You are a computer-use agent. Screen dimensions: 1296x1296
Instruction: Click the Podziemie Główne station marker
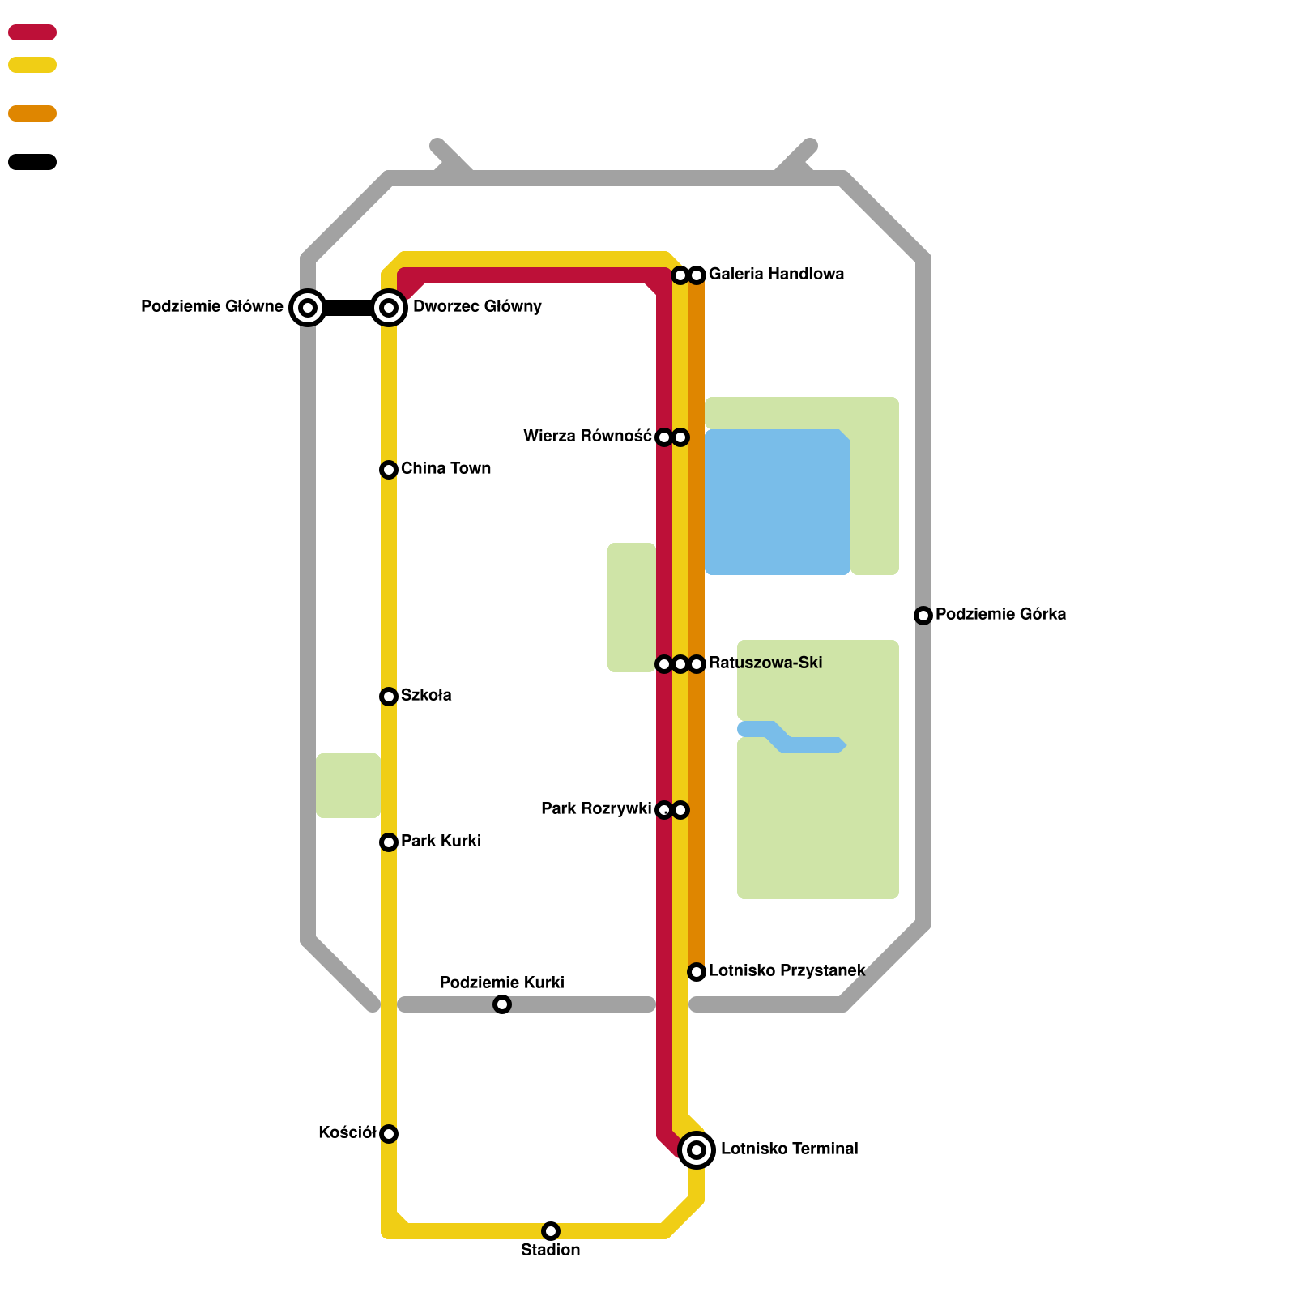(308, 308)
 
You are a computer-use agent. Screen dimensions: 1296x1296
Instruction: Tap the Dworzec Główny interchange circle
(389, 308)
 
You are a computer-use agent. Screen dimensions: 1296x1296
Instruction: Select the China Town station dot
(389, 470)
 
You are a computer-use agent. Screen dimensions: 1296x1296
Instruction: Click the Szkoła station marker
(389, 697)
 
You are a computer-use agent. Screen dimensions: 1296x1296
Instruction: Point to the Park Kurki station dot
(389, 842)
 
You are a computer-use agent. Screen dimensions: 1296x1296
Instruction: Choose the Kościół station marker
(389, 1134)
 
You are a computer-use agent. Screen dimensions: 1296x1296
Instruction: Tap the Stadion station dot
(551, 1231)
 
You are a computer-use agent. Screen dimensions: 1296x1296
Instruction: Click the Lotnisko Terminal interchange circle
(697, 1150)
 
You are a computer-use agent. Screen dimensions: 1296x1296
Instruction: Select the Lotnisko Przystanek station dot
(697, 972)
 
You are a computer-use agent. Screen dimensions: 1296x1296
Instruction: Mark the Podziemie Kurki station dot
(502, 1004)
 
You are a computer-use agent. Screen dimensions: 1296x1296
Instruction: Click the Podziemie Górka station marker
(923, 616)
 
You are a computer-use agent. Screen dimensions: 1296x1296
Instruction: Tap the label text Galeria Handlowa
(776, 275)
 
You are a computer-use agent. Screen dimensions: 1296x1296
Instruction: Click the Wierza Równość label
(587, 437)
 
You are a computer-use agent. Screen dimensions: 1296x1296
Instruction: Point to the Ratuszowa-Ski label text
(765, 663)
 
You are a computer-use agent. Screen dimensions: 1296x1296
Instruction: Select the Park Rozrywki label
(596, 809)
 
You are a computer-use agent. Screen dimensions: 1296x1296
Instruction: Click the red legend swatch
(32, 32)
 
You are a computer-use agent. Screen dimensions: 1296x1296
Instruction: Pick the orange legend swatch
(32, 113)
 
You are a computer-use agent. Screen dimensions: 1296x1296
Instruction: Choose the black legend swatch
(32, 162)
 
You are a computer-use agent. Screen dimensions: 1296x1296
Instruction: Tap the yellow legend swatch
(32, 65)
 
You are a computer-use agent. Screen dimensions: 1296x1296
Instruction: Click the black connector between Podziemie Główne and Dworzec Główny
(348, 308)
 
